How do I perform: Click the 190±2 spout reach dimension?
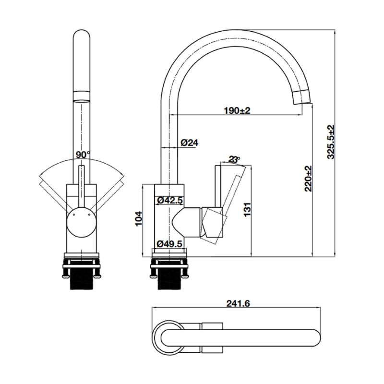coord(237,110)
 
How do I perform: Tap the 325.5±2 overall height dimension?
coord(331,142)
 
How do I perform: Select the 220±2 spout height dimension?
coord(308,178)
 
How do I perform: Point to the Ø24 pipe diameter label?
coord(190,143)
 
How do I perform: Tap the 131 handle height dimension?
coord(246,210)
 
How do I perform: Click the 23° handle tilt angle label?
coord(234,159)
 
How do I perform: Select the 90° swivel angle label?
coord(83,155)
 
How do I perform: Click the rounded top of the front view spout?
coord(82,36)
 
